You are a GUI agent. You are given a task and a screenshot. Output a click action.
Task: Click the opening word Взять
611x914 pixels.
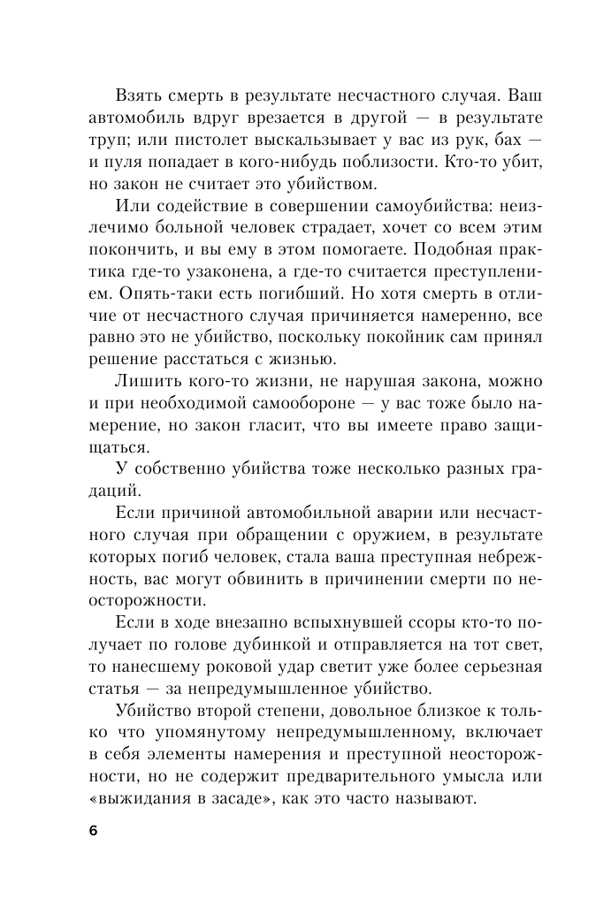(x=140, y=95)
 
